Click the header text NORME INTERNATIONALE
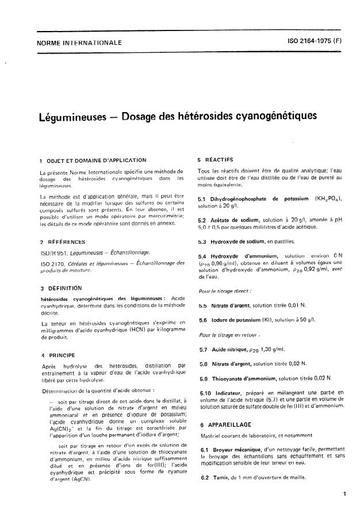(80, 43)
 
